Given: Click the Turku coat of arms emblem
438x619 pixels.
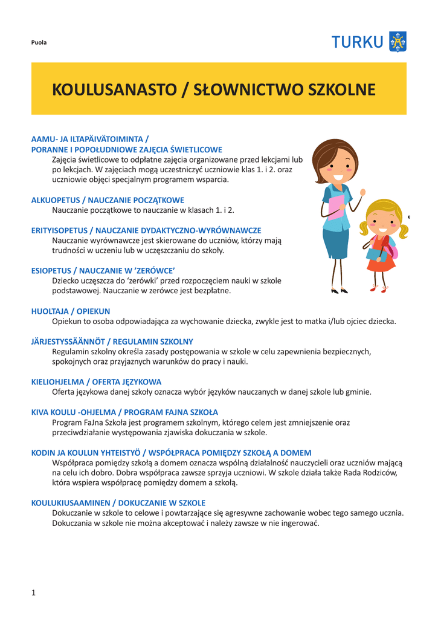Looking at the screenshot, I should (x=397, y=42).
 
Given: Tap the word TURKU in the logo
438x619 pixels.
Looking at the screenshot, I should (x=357, y=42).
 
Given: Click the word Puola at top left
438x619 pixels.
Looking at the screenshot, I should (x=39, y=42).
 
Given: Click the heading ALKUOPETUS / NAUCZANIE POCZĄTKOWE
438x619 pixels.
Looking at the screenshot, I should (x=108, y=199).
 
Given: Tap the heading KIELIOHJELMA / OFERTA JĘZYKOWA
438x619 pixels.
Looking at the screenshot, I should (x=96, y=381).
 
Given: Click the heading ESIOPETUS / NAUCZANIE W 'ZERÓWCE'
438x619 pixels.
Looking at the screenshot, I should (x=103, y=270).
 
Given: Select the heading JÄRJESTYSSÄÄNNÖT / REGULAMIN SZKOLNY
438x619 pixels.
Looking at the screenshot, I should (x=112, y=342).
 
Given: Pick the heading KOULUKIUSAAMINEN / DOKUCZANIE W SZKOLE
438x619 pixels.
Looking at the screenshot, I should (x=118, y=502).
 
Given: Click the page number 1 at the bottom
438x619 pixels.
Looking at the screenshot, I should (x=34, y=592).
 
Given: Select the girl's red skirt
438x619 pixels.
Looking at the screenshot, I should (x=382, y=263).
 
